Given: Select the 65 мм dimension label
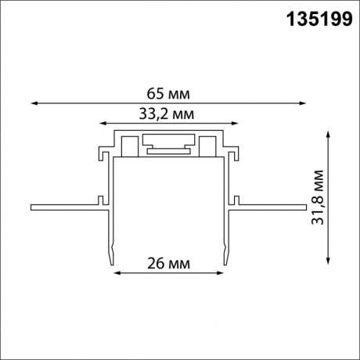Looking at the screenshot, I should click(x=167, y=94).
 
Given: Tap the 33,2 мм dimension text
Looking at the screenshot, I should click(x=167, y=114).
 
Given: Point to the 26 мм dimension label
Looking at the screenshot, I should click(x=167, y=264).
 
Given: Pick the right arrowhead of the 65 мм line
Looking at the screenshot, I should click(x=302, y=103).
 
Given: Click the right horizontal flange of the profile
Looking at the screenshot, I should click(x=270, y=208).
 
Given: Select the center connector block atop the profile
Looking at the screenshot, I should click(x=167, y=146).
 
